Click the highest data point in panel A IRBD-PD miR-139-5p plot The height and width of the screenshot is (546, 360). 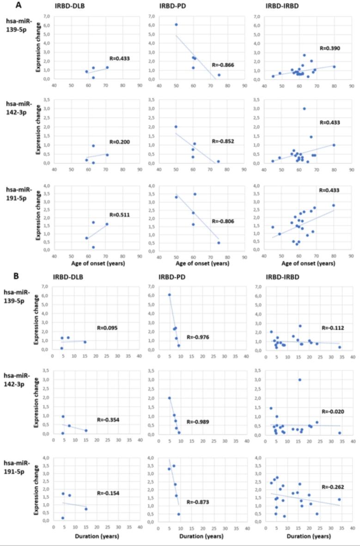[176, 25]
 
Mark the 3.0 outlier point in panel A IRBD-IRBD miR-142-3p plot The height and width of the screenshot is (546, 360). [304, 109]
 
